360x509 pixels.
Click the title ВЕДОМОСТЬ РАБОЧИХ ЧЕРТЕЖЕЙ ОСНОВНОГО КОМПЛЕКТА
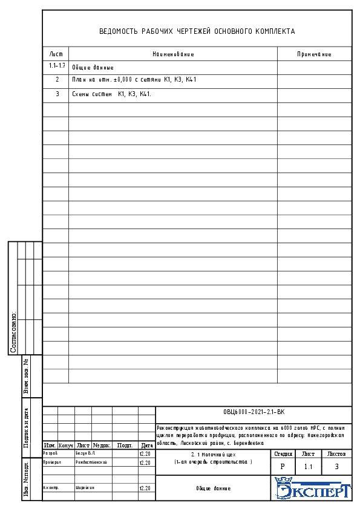197,31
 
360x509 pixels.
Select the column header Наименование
173,54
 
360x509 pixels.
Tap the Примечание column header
314,54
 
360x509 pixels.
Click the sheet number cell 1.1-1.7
57,65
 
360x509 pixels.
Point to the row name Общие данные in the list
93,68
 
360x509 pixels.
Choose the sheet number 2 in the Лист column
57,79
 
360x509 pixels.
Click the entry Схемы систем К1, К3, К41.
111,94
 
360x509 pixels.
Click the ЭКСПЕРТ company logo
312,488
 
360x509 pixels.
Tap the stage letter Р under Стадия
283,467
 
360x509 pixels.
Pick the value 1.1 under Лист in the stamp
309,467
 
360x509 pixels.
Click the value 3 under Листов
336,467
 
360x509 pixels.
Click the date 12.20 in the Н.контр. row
145,488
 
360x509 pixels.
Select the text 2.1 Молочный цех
212,453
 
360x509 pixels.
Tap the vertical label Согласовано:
13,332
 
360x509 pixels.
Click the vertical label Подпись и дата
26,428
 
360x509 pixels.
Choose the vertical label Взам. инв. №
26,377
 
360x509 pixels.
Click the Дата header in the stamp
146,445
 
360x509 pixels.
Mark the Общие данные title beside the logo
213,488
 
